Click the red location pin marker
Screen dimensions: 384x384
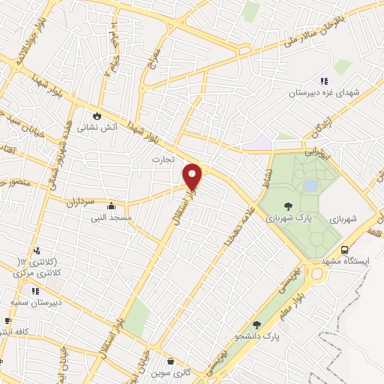tap(193, 176)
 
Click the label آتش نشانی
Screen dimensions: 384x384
tap(99, 127)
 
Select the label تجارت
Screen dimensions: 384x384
tap(163, 159)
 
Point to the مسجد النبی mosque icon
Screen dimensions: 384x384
tap(111, 205)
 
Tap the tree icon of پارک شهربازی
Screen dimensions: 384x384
tap(289, 205)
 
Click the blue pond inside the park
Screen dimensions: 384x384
tap(310, 184)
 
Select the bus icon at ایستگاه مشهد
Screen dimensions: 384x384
tap(343, 249)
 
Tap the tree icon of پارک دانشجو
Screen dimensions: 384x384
tap(257, 325)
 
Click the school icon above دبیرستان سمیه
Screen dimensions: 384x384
tap(34, 290)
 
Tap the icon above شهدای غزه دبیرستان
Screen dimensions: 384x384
tap(324, 81)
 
